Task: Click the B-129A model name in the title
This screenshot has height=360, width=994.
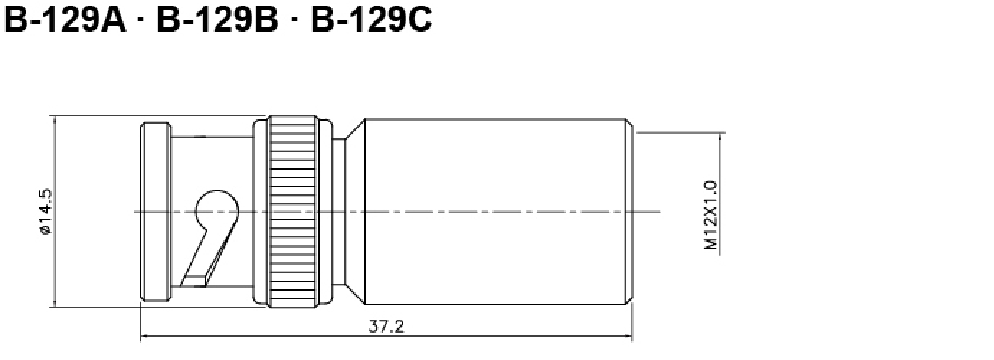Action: point(65,20)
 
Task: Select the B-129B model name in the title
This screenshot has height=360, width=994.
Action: point(217,20)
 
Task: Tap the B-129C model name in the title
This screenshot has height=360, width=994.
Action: point(371,20)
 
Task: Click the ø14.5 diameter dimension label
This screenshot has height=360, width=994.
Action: point(46,212)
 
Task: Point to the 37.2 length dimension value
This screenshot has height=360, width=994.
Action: point(386,326)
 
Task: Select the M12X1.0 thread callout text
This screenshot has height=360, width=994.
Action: point(711,215)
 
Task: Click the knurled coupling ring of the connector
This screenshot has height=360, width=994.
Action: point(292,212)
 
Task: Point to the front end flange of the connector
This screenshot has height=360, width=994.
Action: point(155,212)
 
